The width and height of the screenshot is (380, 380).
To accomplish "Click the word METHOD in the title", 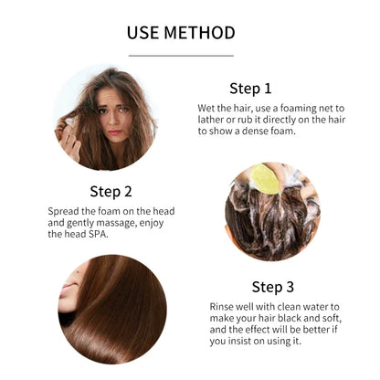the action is tap(200, 33).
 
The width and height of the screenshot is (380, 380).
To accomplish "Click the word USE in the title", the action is tap(143, 33).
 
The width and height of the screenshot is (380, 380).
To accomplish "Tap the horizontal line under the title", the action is tap(181, 56).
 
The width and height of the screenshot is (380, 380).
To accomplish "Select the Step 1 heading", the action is tap(250, 89).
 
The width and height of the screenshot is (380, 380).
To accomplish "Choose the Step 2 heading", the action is tap(111, 192).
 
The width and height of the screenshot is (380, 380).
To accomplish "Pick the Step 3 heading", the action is tap(273, 287).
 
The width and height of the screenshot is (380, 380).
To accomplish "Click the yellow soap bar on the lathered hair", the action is tap(266, 179).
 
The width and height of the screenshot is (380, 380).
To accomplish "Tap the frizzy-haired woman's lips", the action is tap(115, 132).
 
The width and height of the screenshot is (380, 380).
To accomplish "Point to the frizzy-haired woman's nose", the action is tap(113, 120).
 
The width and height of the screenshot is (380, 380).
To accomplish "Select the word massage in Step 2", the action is tap(117, 224).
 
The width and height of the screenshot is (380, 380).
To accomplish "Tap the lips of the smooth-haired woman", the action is tap(68, 289).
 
